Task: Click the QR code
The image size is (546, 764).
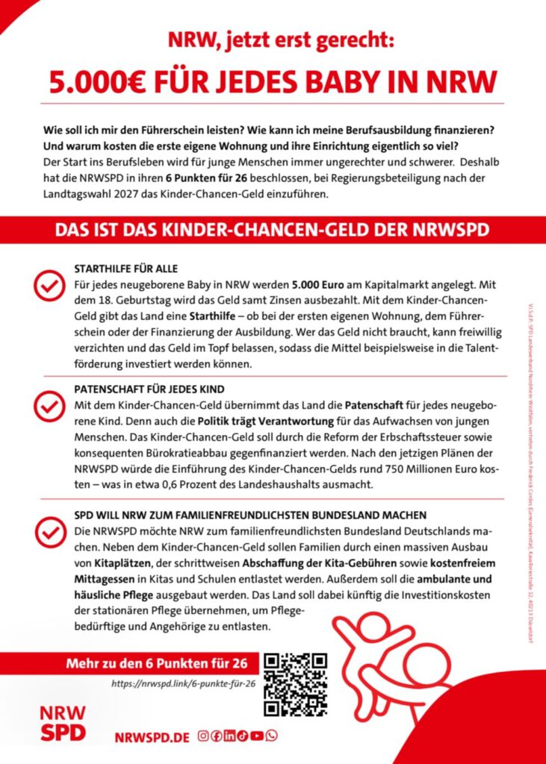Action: tap(297, 684)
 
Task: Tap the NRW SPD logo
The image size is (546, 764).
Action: tap(62, 723)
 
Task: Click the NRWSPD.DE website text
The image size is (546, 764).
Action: tap(152, 736)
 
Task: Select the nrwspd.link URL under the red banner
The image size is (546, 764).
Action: tap(184, 683)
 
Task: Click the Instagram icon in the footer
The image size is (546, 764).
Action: tap(202, 736)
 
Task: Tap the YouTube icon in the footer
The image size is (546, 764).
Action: tap(257, 736)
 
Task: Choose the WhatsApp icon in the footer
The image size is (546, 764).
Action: tap(271, 736)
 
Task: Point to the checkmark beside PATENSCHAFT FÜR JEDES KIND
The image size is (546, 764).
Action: tap(49, 407)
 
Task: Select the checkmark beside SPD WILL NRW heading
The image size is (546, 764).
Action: tap(49, 532)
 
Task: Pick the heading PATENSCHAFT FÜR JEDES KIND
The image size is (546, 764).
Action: tap(149, 389)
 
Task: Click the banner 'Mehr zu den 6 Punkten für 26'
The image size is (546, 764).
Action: tap(163, 663)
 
